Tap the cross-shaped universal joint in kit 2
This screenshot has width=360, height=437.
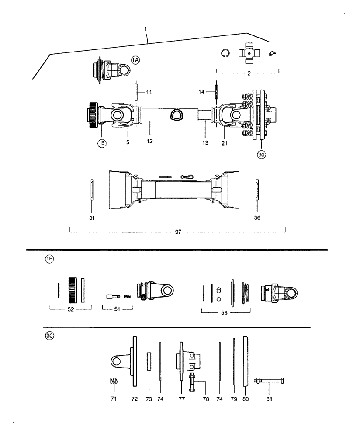247,54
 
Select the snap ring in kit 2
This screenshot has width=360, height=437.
225,53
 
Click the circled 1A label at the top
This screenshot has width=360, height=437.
135,60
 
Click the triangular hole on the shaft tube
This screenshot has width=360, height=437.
177,115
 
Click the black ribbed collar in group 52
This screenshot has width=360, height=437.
73,289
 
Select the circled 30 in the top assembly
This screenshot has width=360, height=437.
261,155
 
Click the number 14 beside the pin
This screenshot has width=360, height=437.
201,92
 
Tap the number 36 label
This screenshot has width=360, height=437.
257,217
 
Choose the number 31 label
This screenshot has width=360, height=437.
92,217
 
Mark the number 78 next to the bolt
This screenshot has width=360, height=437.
206,399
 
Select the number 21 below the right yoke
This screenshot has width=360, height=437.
225,143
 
